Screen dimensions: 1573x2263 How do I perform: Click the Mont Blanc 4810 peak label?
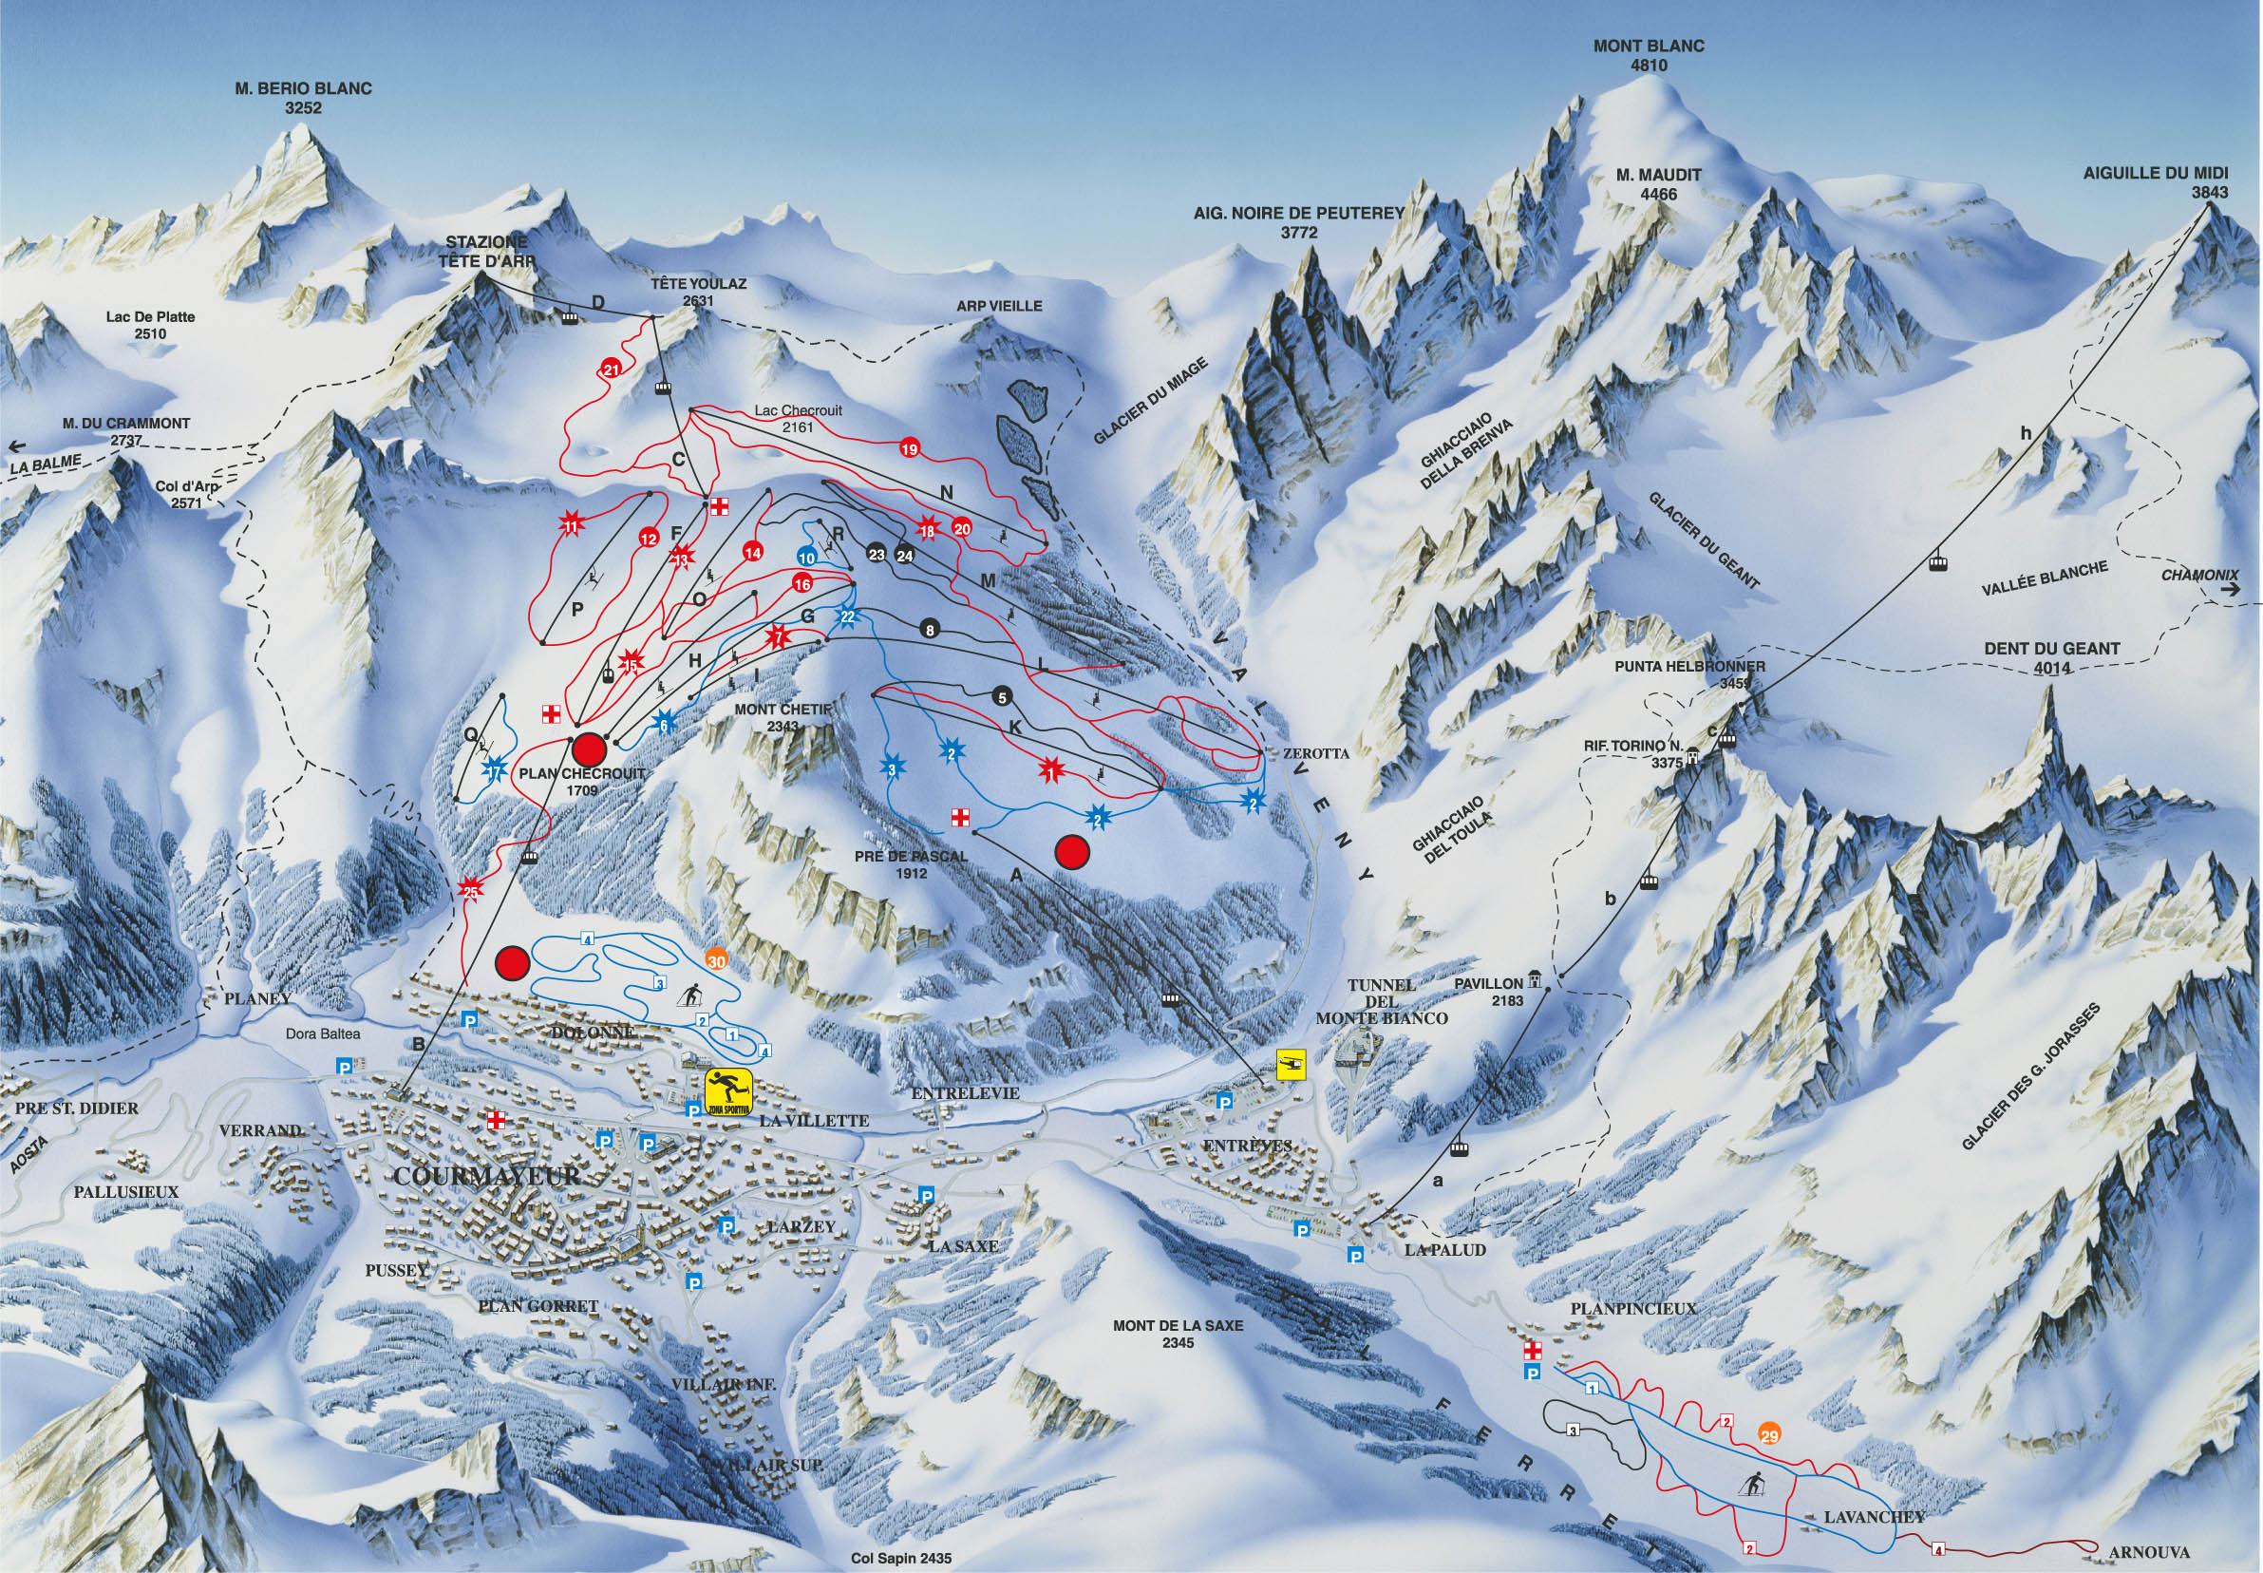click(1649, 55)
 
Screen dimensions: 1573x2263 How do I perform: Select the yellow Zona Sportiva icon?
click(728, 1092)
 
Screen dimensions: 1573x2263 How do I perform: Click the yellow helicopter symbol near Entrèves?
click(1291, 1065)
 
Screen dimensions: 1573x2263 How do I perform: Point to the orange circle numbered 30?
click(716, 961)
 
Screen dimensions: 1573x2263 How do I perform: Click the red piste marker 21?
click(611, 370)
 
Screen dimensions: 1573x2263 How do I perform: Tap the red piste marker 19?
click(910, 449)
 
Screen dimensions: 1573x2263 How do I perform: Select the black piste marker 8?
click(929, 629)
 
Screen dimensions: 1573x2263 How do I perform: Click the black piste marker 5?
click(1002, 697)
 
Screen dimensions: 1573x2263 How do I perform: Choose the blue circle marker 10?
click(807, 558)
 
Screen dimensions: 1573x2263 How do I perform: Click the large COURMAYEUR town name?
click(486, 1176)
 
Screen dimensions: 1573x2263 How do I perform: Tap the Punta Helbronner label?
click(1688, 667)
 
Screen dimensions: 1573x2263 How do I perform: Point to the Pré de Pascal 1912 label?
click(911, 864)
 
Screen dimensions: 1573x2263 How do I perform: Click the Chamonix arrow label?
click(2199, 575)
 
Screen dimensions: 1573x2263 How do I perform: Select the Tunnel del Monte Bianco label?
click(1381, 1000)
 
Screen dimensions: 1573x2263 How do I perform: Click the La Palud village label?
click(1444, 1250)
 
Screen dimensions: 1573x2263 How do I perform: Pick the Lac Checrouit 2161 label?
click(798, 419)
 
